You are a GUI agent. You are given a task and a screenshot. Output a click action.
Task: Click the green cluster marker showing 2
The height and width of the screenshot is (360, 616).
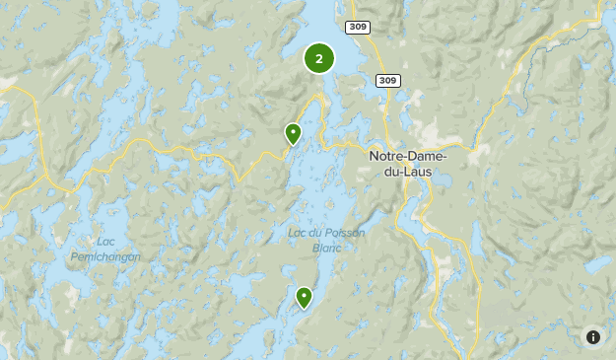pos(319,58)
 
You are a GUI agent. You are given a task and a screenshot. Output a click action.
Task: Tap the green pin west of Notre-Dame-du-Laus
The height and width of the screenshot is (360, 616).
pos(293,133)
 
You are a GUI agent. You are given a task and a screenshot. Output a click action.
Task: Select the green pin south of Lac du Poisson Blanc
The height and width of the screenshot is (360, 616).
pos(305,296)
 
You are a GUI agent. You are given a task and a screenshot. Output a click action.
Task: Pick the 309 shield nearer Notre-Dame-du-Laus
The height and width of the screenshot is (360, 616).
pos(387,80)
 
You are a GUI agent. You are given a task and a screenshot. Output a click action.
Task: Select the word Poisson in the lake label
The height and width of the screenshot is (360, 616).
pos(344,233)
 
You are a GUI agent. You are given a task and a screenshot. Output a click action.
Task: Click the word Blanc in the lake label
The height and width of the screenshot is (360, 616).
pos(325,248)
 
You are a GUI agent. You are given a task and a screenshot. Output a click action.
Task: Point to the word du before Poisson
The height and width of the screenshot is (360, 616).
pos(316,233)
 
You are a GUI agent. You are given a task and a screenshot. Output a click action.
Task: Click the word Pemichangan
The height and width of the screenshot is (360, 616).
pos(105,256)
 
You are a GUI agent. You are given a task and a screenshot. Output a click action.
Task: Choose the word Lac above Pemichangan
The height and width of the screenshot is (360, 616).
pos(105,242)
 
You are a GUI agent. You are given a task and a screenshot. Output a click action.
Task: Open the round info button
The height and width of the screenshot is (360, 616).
pos(593,337)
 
